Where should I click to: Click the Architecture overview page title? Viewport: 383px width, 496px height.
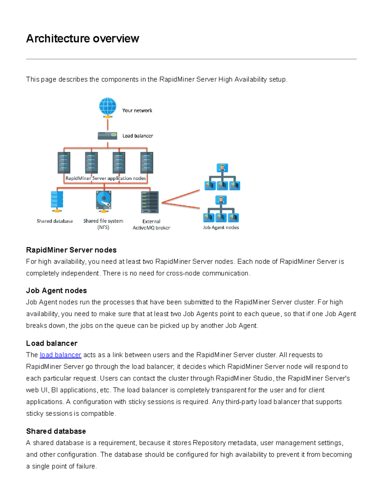(82, 39)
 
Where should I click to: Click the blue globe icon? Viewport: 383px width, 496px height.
(108, 106)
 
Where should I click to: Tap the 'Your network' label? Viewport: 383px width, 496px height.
(137, 111)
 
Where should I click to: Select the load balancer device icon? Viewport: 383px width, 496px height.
(108, 136)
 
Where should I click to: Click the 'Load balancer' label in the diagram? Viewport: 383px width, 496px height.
(138, 136)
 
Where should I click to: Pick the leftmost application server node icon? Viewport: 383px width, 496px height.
(64, 163)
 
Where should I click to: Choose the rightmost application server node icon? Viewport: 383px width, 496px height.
(146, 163)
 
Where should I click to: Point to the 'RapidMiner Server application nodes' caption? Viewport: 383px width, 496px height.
(106, 178)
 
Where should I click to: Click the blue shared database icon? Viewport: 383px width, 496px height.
(57, 201)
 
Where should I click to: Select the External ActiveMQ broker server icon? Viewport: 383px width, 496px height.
(150, 202)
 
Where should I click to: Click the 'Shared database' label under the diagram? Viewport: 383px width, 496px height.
(55, 221)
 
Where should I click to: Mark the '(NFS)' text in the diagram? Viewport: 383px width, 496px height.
(103, 227)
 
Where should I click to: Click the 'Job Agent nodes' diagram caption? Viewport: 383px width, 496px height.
(221, 227)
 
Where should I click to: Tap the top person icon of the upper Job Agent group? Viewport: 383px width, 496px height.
(222, 168)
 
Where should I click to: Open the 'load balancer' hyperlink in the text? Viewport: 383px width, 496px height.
(60, 355)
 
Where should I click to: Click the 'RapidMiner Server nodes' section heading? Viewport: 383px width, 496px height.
(71, 250)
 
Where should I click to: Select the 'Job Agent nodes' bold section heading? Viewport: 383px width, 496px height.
(56, 290)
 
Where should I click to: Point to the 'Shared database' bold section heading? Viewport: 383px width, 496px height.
(56, 431)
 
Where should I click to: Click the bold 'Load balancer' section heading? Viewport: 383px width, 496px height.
(52, 343)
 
